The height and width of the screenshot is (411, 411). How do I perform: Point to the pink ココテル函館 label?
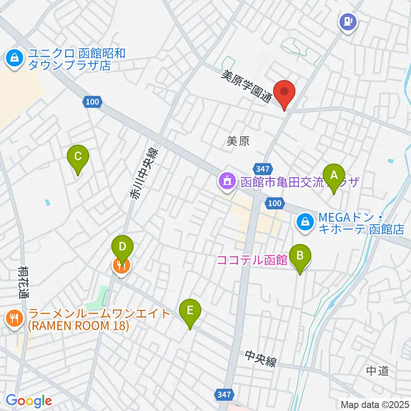pyautogui.click(x=252, y=260)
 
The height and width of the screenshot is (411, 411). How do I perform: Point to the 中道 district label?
pyautogui.click(x=378, y=371)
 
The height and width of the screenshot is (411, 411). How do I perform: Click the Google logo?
pyautogui.click(x=29, y=401)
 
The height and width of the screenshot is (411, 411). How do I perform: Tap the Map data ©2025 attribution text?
pyautogui.click(x=375, y=404)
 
